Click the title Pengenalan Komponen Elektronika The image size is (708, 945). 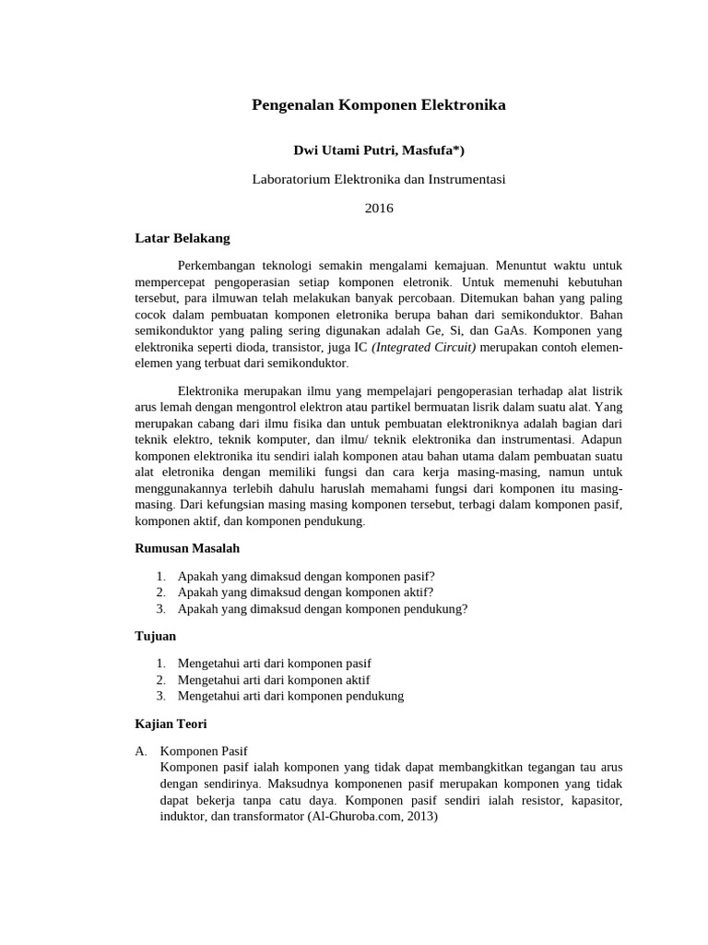click(x=379, y=105)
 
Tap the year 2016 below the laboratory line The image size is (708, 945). click(x=379, y=208)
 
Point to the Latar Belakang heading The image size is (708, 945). click(x=183, y=237)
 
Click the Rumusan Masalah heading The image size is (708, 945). click(x=187, y=547)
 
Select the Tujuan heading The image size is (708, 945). click(x=155, y=636)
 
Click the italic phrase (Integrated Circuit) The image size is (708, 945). click(x=424, y=347)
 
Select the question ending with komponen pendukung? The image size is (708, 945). click(x=323, y=608)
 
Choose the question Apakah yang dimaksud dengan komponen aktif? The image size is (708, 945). click(x=305, y=592)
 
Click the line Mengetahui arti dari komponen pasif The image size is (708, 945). click(x=275, y=664)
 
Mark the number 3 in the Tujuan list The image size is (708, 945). click(x=160, y=696)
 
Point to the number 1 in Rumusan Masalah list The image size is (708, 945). click(x=160, y=576)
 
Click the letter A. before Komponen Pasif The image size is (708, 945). click(x=141, y=751)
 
